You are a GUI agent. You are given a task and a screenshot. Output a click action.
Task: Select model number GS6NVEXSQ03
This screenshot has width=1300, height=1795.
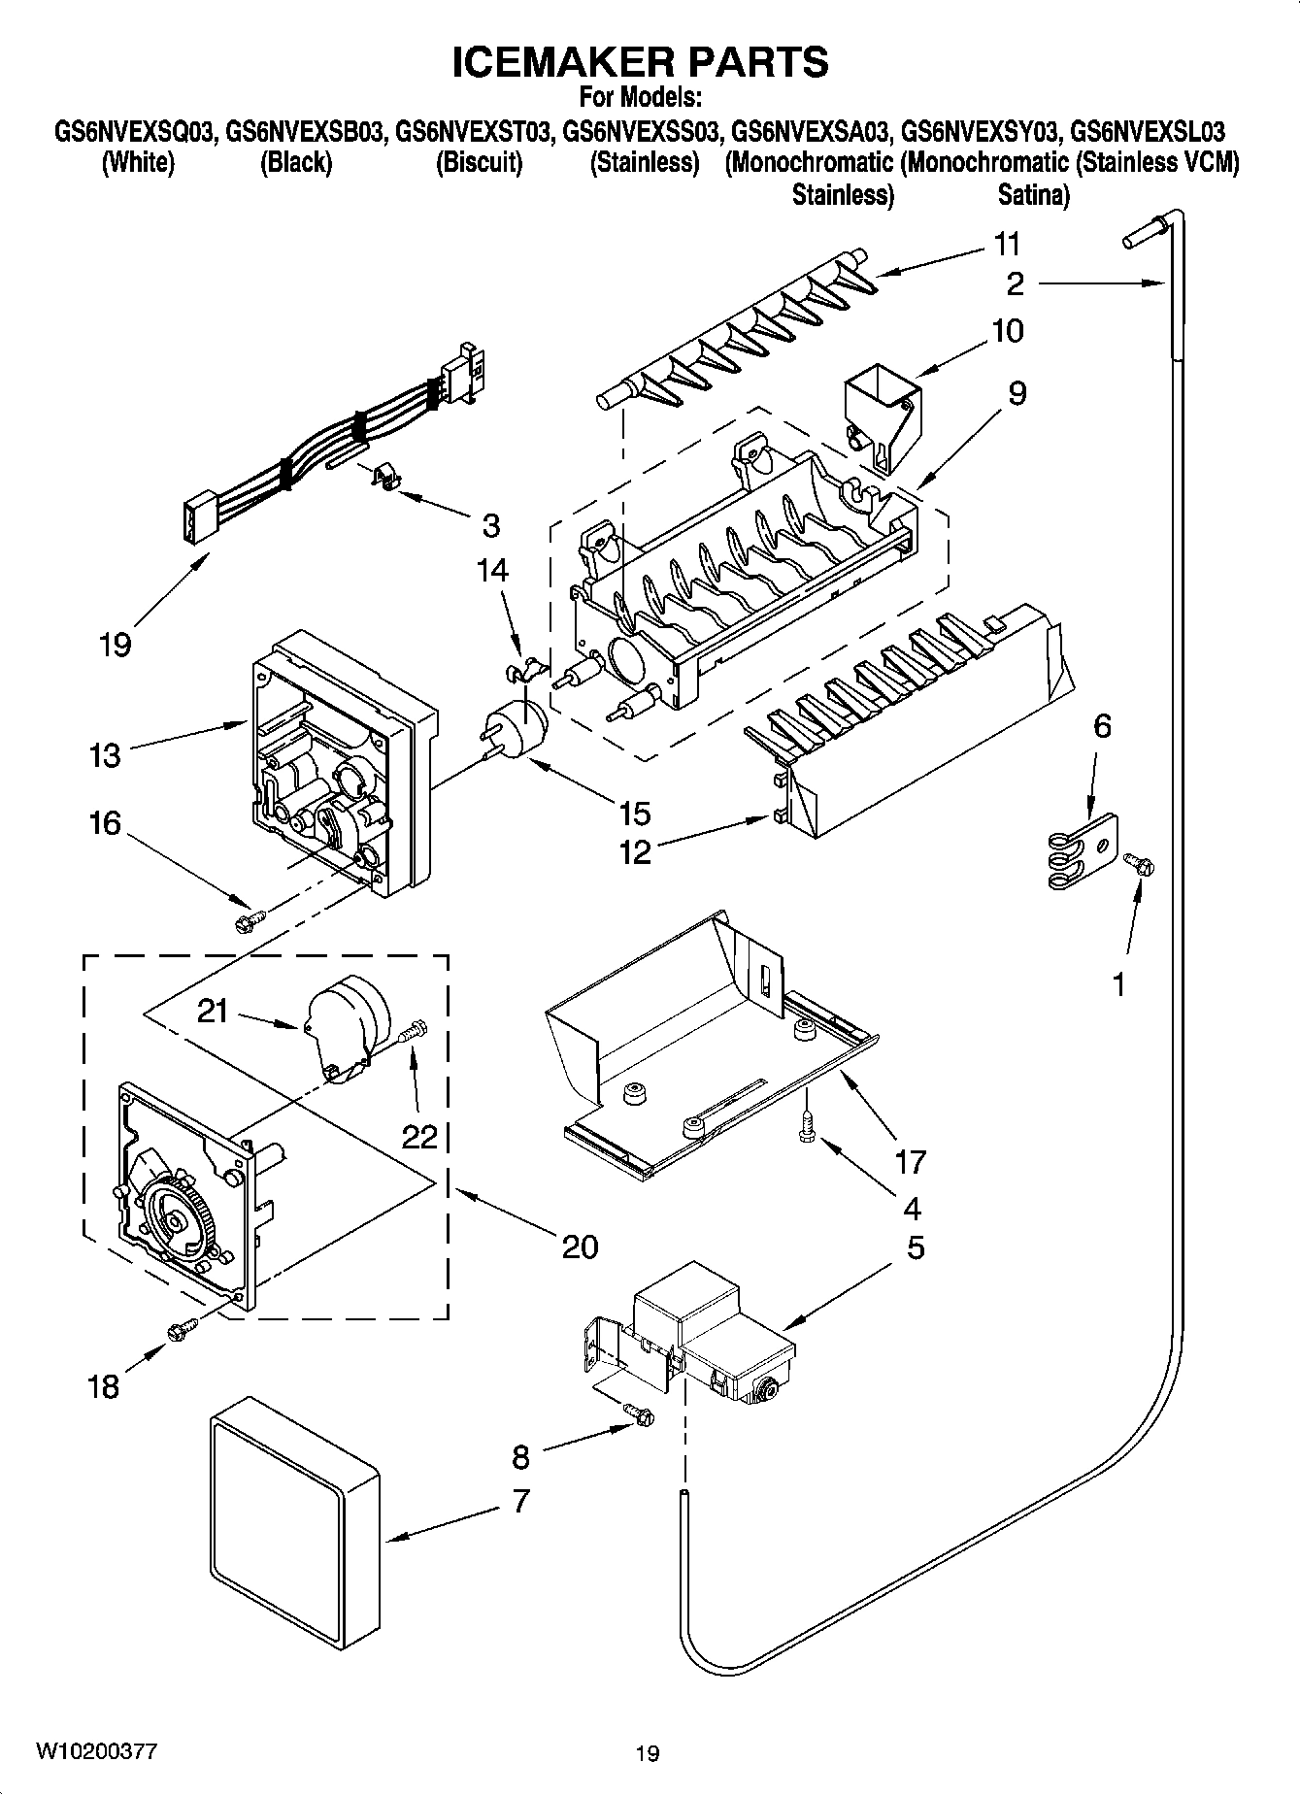(134, 131)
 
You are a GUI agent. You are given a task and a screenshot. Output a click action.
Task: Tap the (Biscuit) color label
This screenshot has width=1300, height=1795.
(479, 162)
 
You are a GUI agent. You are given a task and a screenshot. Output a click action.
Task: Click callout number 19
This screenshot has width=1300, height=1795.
(115, 644)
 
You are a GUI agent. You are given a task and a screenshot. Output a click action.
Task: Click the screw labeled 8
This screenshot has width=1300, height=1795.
(640, 1416)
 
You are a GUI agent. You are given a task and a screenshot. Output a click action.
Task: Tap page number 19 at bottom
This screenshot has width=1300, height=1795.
(648, 1753)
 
